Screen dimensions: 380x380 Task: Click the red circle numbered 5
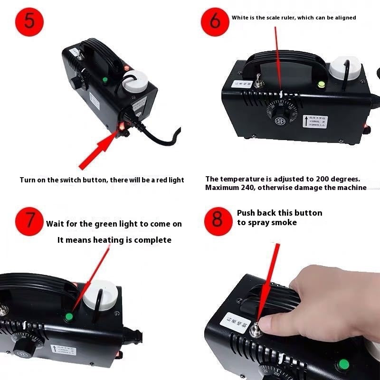[28, 21]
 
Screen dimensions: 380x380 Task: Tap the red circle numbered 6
[216, 22]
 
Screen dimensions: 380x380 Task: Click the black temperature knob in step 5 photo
[76, 84]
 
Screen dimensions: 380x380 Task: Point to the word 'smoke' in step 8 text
[284, 222]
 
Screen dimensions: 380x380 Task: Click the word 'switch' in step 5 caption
[84, 180]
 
